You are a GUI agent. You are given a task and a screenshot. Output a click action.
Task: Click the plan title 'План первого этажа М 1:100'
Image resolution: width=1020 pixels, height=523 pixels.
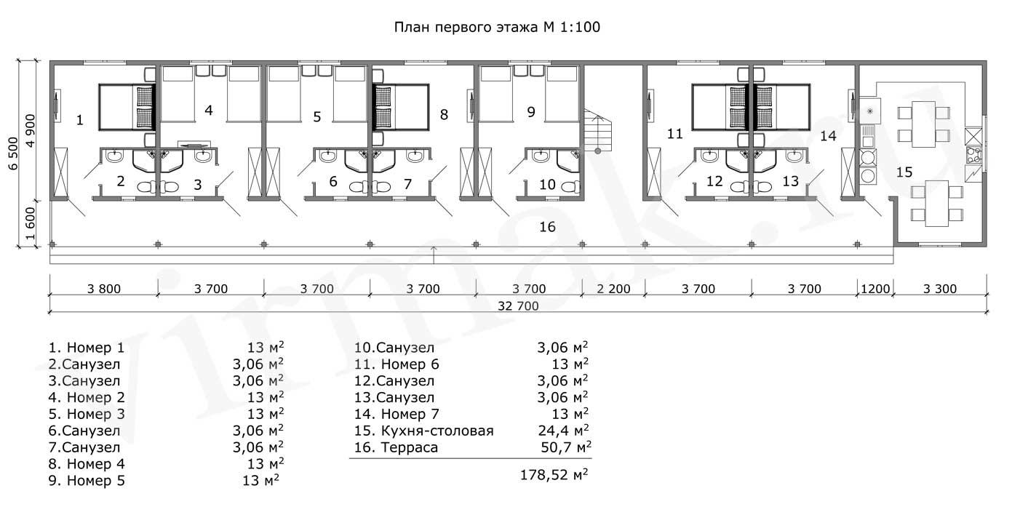(x=497, y=28)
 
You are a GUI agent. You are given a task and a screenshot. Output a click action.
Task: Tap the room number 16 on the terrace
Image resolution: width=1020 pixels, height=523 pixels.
(x=547, y=227)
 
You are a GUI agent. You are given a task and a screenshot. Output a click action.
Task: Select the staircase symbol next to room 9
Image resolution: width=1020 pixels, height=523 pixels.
(x=597, y=131)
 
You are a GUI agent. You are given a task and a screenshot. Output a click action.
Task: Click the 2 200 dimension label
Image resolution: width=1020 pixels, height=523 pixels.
(x=613, y=289)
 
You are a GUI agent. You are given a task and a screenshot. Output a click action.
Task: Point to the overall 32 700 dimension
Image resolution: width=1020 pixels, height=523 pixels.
(x=518, y=306)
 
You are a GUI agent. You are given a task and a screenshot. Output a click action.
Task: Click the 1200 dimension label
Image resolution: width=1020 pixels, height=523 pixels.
(x=875, y=289)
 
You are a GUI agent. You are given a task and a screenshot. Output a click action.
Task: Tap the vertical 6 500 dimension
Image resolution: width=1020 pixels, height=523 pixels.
(x=13, y=153)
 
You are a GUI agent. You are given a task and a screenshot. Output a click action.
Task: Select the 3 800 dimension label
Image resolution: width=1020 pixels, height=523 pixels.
(x=104, y=289)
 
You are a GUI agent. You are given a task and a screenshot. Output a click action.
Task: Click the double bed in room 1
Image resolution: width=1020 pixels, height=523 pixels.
(x=127, y=108)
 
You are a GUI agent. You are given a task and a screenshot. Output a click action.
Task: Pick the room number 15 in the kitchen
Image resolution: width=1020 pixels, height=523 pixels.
(x=904, y=172)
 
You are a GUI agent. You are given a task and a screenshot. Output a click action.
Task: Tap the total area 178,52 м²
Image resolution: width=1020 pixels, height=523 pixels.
(x=554, y=475)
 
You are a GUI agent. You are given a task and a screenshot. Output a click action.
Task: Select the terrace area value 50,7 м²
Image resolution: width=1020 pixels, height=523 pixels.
(x=566, y=447)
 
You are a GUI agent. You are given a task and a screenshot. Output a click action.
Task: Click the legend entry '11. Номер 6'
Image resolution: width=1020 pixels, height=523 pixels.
(x=397, y=364)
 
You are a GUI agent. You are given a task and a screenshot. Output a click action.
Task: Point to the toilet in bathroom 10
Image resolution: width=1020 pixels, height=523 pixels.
(x=571, y=187)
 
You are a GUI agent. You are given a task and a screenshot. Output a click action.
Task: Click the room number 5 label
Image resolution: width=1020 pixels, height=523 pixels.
(x=317, y=117)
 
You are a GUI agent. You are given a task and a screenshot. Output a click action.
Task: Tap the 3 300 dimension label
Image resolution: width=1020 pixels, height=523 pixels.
(x=940, y=289)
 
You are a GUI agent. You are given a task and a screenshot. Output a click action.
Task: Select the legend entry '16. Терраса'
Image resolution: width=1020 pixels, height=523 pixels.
(x=396, y=447)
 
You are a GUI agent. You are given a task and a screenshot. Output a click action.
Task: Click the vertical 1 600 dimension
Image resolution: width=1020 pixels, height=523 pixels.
(x=30, y=223)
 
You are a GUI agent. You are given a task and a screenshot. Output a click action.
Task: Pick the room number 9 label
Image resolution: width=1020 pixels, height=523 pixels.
(x=531, y=112)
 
